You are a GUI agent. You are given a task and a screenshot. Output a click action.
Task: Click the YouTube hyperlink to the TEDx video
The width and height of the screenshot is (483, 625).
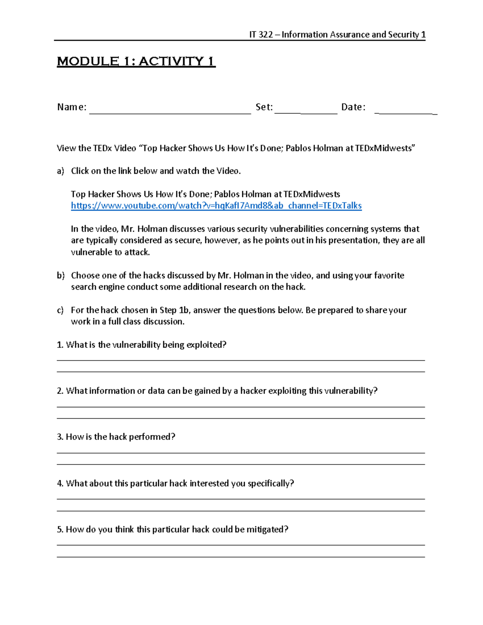pyautogui.click(x=216, y=206)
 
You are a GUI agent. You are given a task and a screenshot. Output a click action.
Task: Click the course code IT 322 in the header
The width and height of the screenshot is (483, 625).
pyautogui.click(x=261, y=35)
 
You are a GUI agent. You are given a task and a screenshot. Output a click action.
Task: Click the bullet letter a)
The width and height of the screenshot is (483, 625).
pyautogui.click(x=60, y=171)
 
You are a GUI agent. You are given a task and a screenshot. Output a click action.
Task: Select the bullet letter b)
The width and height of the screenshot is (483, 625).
pyautogui.click(x=60, y=276)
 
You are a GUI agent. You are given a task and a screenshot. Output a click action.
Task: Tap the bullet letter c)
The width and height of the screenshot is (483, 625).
pyautogui.click(x=60, y=310)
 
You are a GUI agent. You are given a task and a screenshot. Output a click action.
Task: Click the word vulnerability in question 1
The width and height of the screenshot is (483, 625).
pyautogui.click(x=136, y=345)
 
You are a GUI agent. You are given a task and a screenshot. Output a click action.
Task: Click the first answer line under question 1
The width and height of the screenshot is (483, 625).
pyautogui.click(x=241, y=360)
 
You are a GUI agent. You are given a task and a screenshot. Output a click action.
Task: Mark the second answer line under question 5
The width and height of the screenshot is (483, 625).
pyautogui.click(x=241, y=557)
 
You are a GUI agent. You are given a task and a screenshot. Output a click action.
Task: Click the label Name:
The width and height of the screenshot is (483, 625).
pyautogui.click(x=72, y=107)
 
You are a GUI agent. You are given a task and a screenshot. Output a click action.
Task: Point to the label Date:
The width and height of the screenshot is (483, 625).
pyautogui.click(x=353, y=107)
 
